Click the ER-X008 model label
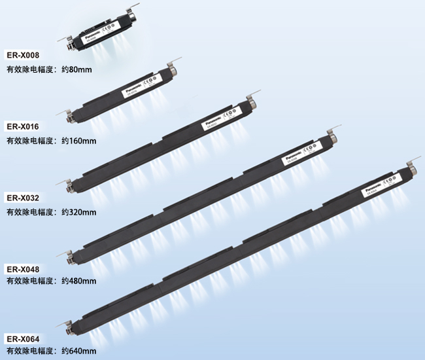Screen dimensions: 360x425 point(23,55)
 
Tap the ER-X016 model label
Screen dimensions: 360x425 point(23,126)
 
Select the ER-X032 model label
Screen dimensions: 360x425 point(23,198)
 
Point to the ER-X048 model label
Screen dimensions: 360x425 point(23,268)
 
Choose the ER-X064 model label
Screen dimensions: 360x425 point(23,339)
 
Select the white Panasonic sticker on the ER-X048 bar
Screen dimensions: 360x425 point(298,158)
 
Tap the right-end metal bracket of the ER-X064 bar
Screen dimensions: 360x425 point(412,166)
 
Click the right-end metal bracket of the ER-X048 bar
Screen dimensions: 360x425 point(331,136)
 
